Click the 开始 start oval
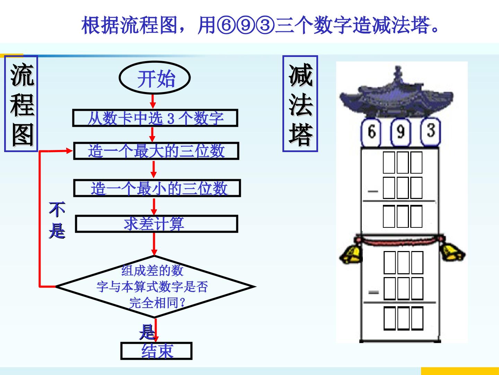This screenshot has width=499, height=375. pyautogui.click(x=155, y=78)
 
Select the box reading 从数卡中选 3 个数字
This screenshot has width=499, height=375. pyautogui.click(x=155, y=118)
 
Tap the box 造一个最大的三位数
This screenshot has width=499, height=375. pyautogui.click(x=156, y=151)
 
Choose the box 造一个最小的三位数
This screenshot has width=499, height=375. pyautogui.click(x=157, y=188)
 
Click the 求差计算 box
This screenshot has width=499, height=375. pyautogui.click(x=157, y=224)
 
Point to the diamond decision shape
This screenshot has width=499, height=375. pyautogui.click(x=156, y=287)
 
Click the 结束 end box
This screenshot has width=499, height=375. pyautogui.click(x=156, y=351)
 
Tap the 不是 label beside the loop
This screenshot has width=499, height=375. pyautogui.click(x=57, y=220)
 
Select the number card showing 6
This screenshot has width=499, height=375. pyautogui.click(x=371, y=132)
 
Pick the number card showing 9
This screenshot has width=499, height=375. pyautogui.click(x=401, y=132)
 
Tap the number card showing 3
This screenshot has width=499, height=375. pyautogui.click(x=431, y=131)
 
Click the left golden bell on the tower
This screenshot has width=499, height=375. pyautogui.click(x=351, y=253)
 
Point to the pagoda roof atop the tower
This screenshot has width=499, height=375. pyautogui.click(x=396, y=93)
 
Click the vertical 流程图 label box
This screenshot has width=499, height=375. pyautogui.click(x=21, y=104)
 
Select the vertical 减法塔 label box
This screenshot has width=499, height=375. pyautogui.click(x=300, y=104)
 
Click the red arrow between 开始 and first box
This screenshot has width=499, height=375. pyautogui.click(x=153, y=101)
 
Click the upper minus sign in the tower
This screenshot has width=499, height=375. pyautogui.click(x=373, y=191)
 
